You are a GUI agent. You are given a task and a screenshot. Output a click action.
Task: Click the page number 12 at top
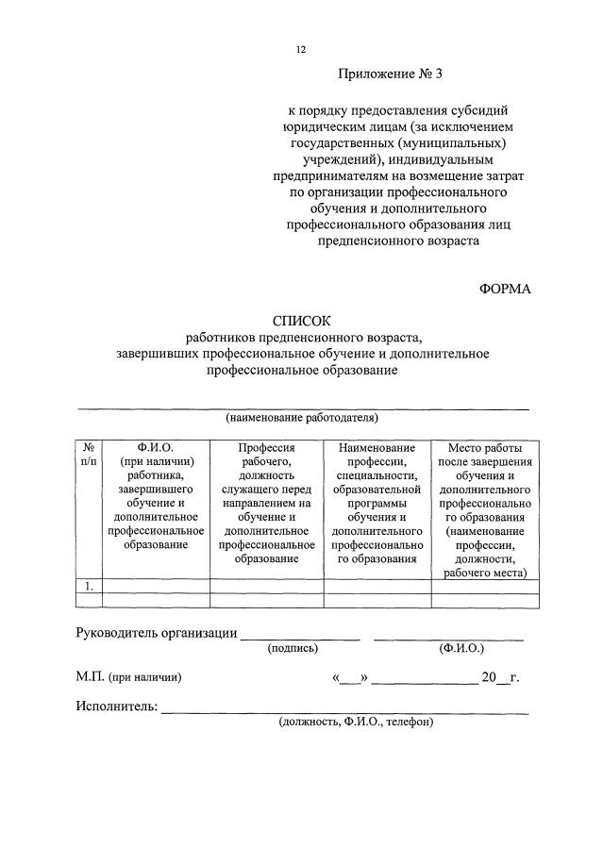pyautogui.click(x=301, y=49)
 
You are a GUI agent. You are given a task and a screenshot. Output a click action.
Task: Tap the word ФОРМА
pyautogui.click(x=505, y=289)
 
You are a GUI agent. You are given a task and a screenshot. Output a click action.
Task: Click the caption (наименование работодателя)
pyautogui.click(x=301, y=417)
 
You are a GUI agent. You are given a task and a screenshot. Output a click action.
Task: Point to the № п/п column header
pyautogui.click(x=88, y=454)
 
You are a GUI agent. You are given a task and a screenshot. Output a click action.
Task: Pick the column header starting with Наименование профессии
pyautogui.click(x=377, y=502)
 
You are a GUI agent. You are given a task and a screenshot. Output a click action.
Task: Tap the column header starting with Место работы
pyautogui.click(x=485, y=509)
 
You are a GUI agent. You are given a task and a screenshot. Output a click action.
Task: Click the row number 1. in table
pyautogui.click(x=88, y=586)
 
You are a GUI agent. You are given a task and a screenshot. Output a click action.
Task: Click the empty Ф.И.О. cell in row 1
pyautogui.click(x=156, y=586)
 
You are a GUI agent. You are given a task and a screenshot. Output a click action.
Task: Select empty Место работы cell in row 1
pyautogui.click(x=485, y=586)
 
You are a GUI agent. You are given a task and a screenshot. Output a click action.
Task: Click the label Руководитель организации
pyautogui.click(x=156, y=633)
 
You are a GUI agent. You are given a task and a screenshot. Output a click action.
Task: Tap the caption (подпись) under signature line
pyautogui.click(x=293, y=649)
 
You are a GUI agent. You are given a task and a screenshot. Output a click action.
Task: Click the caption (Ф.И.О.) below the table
pyautogui.click(x=461, y=649)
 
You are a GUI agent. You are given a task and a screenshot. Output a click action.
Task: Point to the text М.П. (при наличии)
pyautogui.click(x=128, y=677)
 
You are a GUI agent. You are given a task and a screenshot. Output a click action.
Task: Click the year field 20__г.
pyautogui.click(x=500, y=677)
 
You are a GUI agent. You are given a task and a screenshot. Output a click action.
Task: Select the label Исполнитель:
pyautogui.click(x=116, y=707)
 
